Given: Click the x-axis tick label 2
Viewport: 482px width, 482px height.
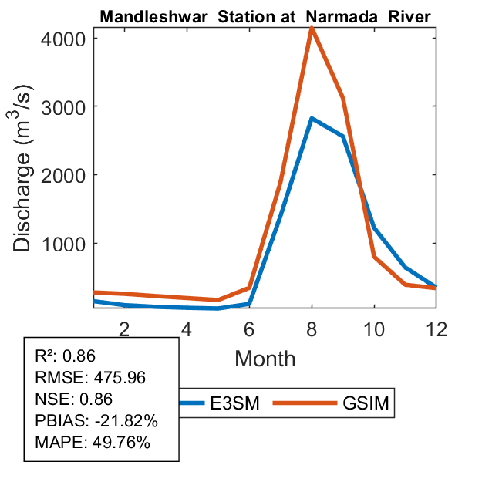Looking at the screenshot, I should pyautogui.click(x=124, y=328).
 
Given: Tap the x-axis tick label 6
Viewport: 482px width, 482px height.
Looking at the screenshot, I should pyautogui.click(x=248, y=328).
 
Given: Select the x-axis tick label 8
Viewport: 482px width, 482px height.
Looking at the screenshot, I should pyautogui.click(x=311, y=328).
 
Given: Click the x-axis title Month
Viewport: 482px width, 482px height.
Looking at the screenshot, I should pyautogui.click(x=265, y=358).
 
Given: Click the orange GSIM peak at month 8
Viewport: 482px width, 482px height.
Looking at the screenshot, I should pyautogui.click(x=312, y=28).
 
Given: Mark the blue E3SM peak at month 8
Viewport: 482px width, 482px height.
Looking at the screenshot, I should pyautogui.click(x=312, y=119).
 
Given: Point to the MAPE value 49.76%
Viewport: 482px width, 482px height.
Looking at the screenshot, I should pyautogui.click(x=116, y=443).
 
